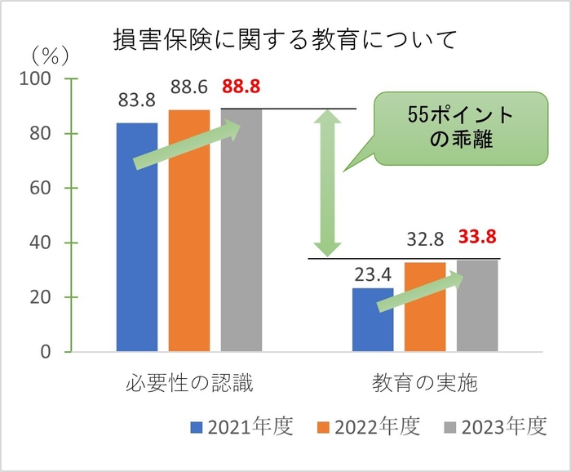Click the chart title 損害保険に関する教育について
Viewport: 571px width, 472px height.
285,40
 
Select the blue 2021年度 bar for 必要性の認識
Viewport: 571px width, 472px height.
137,237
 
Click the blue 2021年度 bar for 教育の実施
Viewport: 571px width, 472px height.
373,320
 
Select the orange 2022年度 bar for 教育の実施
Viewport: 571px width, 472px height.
425,307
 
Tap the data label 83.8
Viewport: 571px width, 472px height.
137,103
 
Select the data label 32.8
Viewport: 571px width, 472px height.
425,240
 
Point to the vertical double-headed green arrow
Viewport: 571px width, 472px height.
328,183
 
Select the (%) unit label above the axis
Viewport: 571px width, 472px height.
50,55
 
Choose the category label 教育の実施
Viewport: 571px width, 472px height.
425,382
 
